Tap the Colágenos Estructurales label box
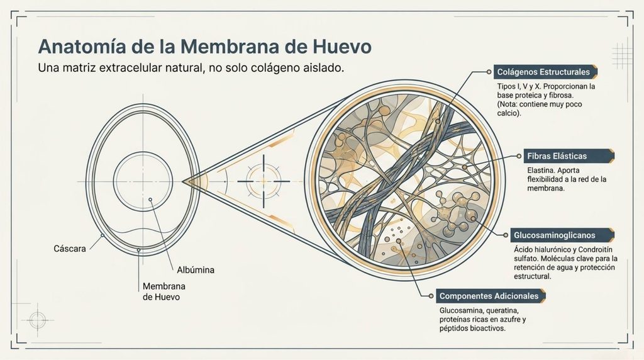pyautogui.click(x=545, y=72)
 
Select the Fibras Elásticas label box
pyautogui.click(x=569, y=156)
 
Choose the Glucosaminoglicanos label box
pyautogui.click(x=562, y=235)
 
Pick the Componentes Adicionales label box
pyautogui.click(x=491, y=296)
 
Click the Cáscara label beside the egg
pyautogui.click(x=70, y=249)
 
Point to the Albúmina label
pyautogui.click(x=196, y=270)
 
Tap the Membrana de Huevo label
pyautogui.click(x=164, y=291)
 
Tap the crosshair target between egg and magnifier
pyautogui.click(x=264, y=181)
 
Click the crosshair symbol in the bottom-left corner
pyautogui.click(x=37, y=320)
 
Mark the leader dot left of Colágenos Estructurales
pyautogui.click(x=489, y=72)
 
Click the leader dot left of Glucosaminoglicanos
pyautogui.click(x=506, y=235)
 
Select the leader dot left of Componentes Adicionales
pyautogui.click(x=431, y=296)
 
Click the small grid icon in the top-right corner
pyautogui.click(x=622, y=55)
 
